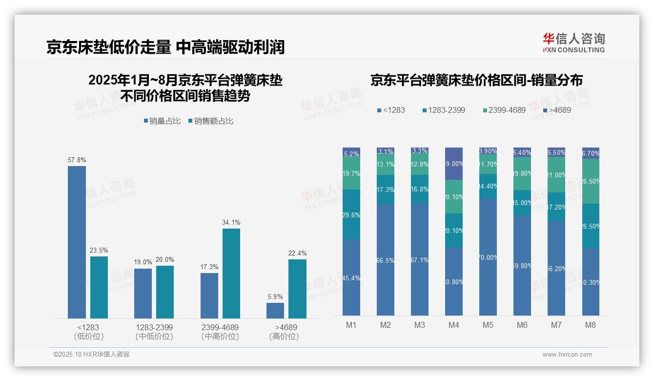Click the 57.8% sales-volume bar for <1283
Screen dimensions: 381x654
coord(77,242)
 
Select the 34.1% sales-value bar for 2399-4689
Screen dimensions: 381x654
coord(231,274)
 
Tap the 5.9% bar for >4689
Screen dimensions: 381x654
coord(275,311)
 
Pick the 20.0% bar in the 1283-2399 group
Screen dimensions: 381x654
coord(165,292)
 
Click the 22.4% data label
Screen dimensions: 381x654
coord(297,253)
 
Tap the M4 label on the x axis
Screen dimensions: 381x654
coord(454,325)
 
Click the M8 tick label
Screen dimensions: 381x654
coord(591,325)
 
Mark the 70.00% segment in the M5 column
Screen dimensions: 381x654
coord(488,257)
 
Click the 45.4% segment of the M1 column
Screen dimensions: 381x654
coord(351,277)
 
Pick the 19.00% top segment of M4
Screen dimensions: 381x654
coord(454,164)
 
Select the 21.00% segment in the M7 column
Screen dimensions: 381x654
coord(556,175)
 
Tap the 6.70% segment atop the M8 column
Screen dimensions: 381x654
coord(591,153)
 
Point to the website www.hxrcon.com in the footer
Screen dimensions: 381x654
coord(567,355)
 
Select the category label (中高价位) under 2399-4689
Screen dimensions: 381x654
coord(220,337)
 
